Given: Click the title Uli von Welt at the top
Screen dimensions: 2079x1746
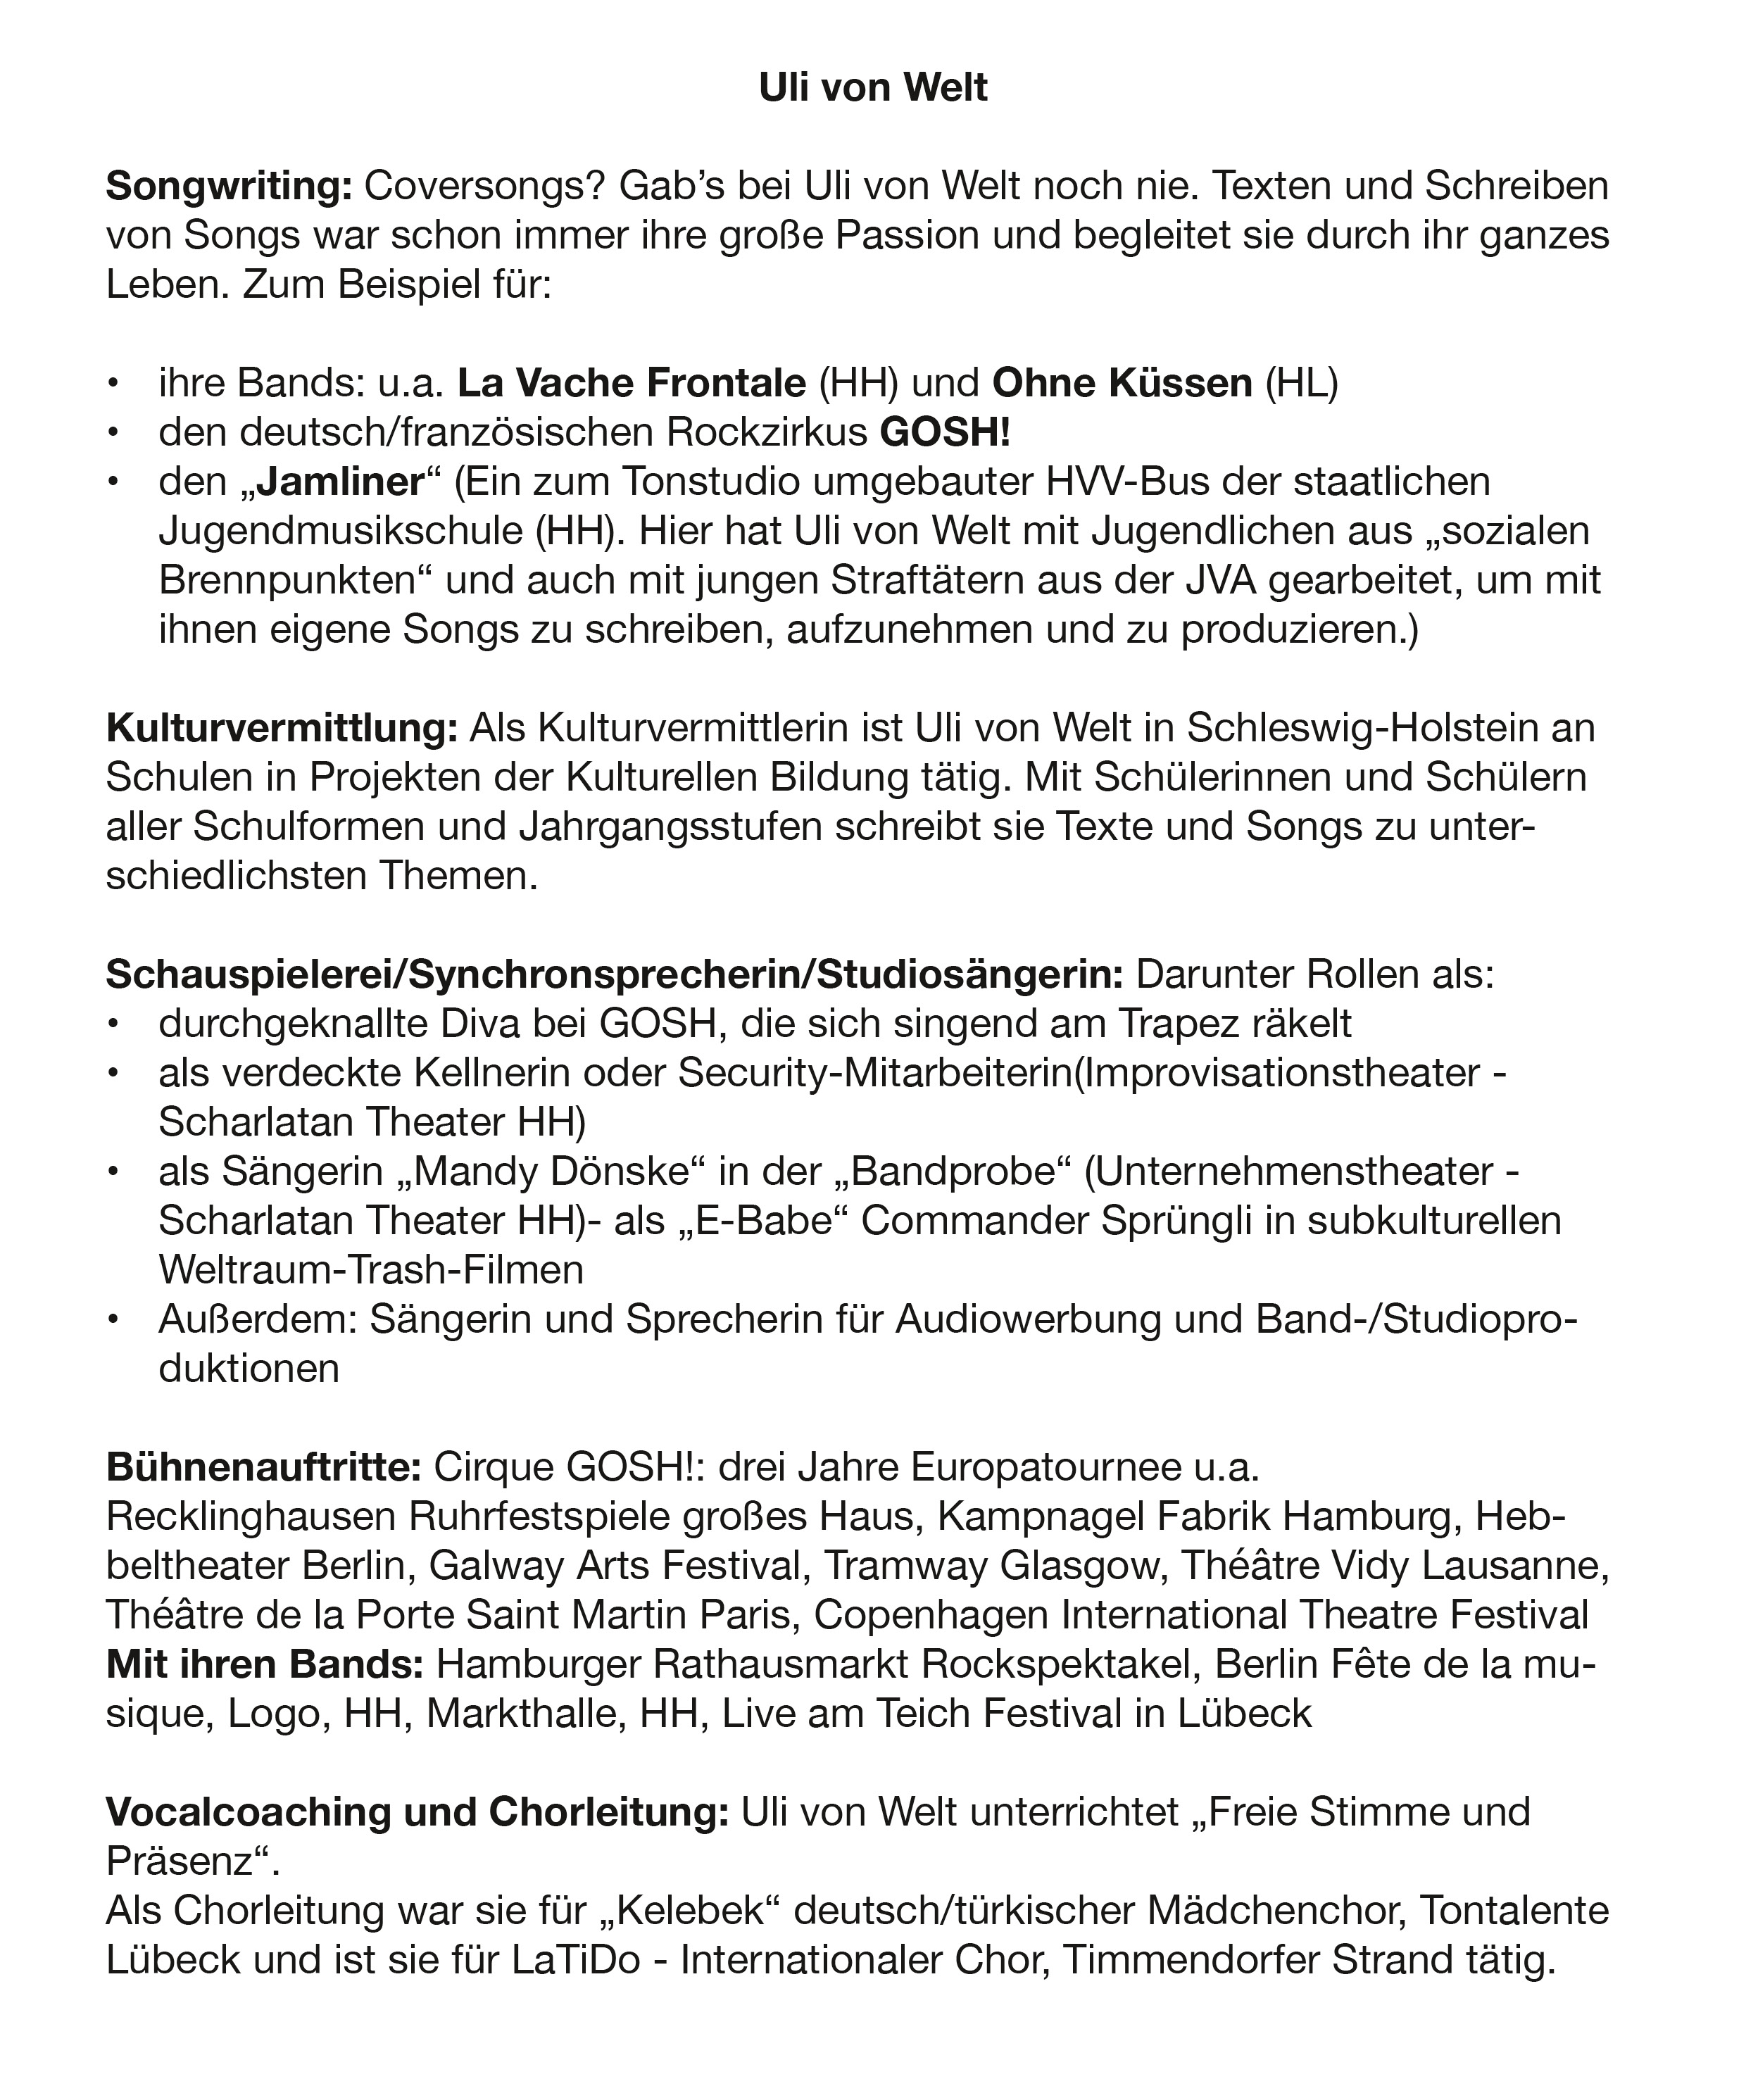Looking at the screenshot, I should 872,87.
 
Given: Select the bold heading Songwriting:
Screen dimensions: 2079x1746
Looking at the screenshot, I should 229,186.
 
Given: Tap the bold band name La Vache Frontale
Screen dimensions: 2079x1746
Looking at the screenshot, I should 632,383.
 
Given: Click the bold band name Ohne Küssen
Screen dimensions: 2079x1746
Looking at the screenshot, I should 1122,383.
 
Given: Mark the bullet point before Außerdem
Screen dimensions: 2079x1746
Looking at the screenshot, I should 115,1319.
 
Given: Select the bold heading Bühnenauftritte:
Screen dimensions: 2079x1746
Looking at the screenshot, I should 264,1467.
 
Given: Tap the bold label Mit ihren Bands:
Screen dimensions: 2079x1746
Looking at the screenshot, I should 264,1664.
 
